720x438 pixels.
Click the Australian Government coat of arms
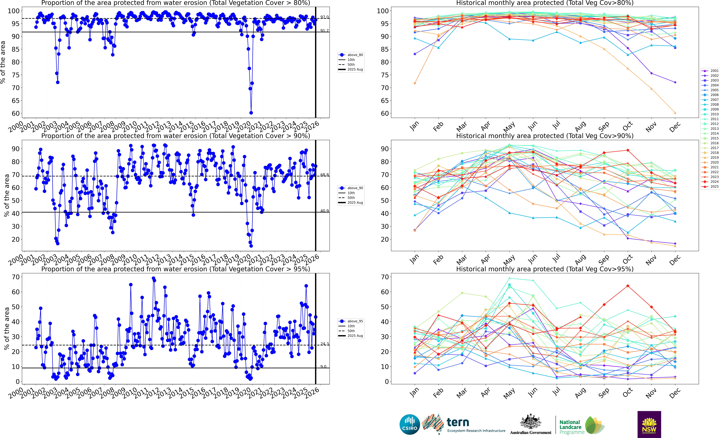coord(530,421)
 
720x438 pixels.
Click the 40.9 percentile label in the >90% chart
coord(324,211)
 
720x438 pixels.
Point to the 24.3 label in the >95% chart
coord(324,344)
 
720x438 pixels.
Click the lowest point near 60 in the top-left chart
coord(251,113)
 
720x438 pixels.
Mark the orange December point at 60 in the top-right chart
coord(675,113)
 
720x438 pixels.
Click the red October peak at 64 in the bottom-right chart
coord(628,286)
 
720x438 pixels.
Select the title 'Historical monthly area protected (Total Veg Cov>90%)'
coord(545,136)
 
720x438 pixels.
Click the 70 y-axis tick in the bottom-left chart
coord(16,277)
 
